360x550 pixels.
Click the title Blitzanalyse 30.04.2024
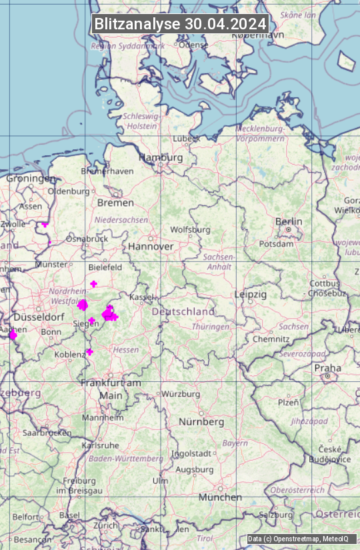point(180,24)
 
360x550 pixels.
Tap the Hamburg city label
point(161,158)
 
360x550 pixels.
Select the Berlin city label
point(289,221)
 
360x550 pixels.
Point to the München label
point(220,497)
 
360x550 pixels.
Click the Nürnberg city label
point(201,422)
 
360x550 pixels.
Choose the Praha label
point(327,368)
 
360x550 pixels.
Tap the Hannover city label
point(151,247)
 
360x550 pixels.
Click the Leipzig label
point(251,294)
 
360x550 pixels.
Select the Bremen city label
point(115,203)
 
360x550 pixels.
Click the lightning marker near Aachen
point(13,335)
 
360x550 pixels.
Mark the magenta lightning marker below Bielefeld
point(94,284)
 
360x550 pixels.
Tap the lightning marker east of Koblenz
point(89,352)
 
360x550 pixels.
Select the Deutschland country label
point(183,311)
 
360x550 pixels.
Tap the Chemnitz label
point(270,339)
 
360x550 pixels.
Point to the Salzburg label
point(275,515)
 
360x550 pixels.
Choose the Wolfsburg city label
point(190,229)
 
